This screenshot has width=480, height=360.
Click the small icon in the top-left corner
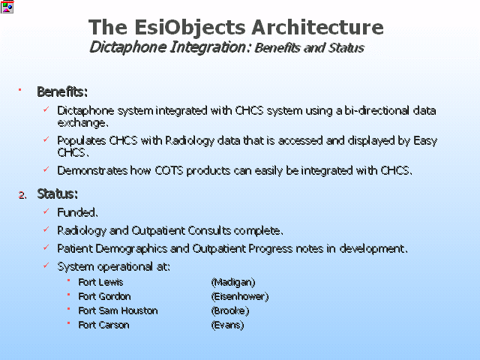tap(7, 7)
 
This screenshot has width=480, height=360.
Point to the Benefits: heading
tap(62, 91)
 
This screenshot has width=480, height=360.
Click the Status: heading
tap(57, 194)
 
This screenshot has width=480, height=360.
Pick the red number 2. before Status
tap(22, 195)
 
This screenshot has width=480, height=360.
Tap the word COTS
tap(169, 170)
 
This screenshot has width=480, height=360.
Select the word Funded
tap(77, 212)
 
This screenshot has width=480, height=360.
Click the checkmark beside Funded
tap(46, 211)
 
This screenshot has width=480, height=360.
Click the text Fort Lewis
tap(100, 282)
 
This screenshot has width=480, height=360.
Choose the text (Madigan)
tap(233, 282)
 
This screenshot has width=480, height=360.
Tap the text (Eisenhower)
tap(240, 296)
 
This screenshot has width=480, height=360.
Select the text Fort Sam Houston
tap(118, 310)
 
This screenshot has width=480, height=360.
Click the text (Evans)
tap(227, 325)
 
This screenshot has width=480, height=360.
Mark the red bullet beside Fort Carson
tap(69, 323)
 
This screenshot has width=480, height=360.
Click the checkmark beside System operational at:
tap(46, 265)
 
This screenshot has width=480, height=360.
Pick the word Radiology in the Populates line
tap(190, 141)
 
